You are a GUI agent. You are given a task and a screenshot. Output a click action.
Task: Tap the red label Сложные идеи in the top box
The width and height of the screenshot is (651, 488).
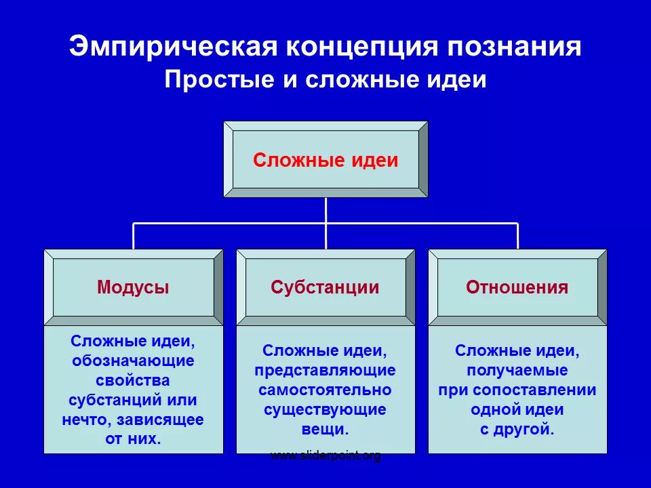[x=325, y=161]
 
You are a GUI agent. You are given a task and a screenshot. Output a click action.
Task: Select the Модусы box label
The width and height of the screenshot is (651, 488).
[x=133, y=287]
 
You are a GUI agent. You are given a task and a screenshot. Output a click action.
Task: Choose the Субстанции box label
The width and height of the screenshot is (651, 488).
[x=325, y=287]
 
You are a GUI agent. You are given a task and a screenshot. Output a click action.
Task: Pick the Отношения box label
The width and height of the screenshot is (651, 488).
[x=517, y=287]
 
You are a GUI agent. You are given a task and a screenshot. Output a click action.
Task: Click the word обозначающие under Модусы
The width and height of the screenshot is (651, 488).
[x=133, y=361]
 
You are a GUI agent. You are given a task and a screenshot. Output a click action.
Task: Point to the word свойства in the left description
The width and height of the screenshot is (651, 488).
[x=133, y=380]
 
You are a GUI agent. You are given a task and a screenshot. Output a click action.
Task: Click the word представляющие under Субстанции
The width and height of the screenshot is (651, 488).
[x=325, y=371]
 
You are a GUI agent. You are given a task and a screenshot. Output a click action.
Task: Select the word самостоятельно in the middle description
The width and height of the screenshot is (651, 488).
[x=325, y=390]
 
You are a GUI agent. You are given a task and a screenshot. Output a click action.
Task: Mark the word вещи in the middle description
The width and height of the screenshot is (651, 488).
[x=325, y=429]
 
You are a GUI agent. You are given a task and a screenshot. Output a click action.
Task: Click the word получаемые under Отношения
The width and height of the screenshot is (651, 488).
[x=517, y=371]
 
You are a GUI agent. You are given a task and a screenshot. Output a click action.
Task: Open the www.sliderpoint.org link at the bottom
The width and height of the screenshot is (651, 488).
[x=325, y=455]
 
